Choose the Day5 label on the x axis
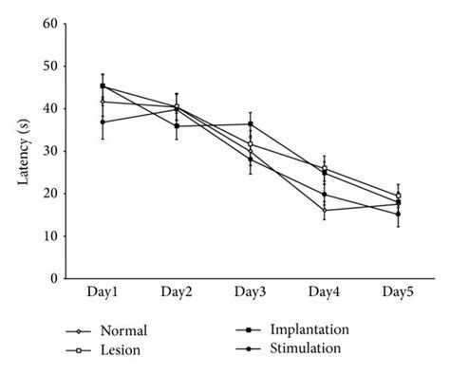pos(398,295)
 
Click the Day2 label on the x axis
pos(177,295)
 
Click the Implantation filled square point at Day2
pos(177,126)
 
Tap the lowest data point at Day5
pos(398,214)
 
